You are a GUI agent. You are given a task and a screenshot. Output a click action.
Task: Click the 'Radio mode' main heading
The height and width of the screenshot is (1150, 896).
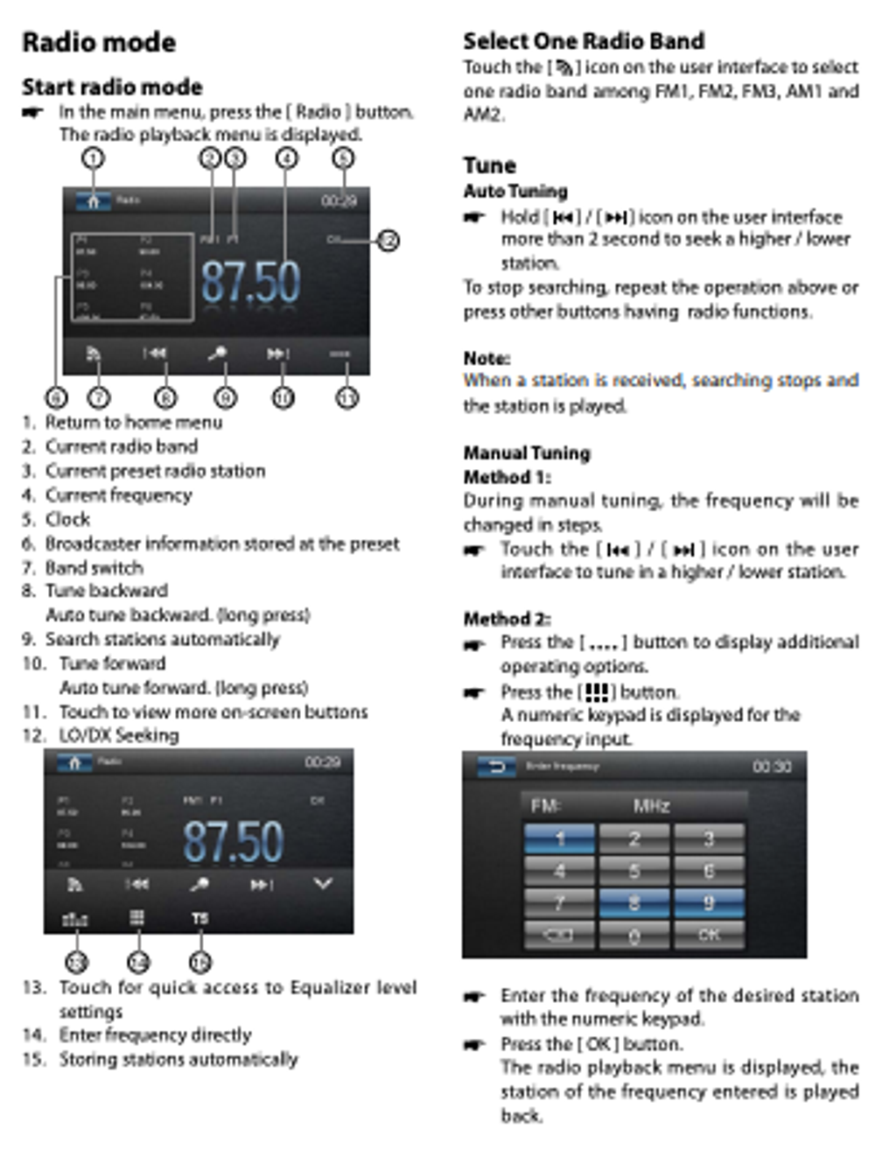coord(99,42)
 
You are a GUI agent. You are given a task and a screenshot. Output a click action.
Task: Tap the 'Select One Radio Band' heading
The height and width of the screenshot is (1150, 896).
coord(584,41)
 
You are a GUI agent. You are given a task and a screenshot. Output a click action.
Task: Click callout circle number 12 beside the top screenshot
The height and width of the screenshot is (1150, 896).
coord(388,240)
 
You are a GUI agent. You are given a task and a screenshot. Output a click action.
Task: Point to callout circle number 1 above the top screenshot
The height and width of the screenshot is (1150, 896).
coord(93,158)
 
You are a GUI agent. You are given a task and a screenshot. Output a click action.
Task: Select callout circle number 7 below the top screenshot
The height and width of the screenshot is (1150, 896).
coord(98,397)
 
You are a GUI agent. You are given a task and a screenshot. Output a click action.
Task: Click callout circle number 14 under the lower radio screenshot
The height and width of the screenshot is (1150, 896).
coord(138,962)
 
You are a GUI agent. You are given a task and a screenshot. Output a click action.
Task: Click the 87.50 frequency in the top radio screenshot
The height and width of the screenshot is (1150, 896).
coord(250,282)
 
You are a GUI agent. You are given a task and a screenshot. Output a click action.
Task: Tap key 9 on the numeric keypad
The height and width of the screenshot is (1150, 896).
coord(709,902)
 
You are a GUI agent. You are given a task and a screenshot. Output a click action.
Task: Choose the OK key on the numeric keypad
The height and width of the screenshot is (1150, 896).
coord(709,935)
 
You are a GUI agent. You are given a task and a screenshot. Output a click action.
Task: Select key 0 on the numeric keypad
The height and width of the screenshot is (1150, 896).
coord(634,935)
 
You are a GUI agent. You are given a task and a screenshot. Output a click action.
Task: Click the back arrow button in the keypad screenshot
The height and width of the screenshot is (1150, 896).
coord(496,768)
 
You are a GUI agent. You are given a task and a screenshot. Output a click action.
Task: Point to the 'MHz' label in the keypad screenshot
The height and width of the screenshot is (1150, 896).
coord(651,805)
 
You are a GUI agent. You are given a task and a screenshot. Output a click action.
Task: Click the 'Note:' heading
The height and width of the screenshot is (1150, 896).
coord(486,358)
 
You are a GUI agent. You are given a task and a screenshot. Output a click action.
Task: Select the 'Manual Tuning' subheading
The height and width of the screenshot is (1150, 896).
coord(527,452)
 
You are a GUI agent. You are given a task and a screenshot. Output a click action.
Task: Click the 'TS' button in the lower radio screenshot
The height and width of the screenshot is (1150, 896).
coord(199,918)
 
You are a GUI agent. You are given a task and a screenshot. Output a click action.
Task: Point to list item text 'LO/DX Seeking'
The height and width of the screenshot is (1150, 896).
coord(118,735)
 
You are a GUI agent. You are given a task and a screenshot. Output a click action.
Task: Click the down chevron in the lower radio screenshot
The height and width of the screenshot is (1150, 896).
coord(322,884)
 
